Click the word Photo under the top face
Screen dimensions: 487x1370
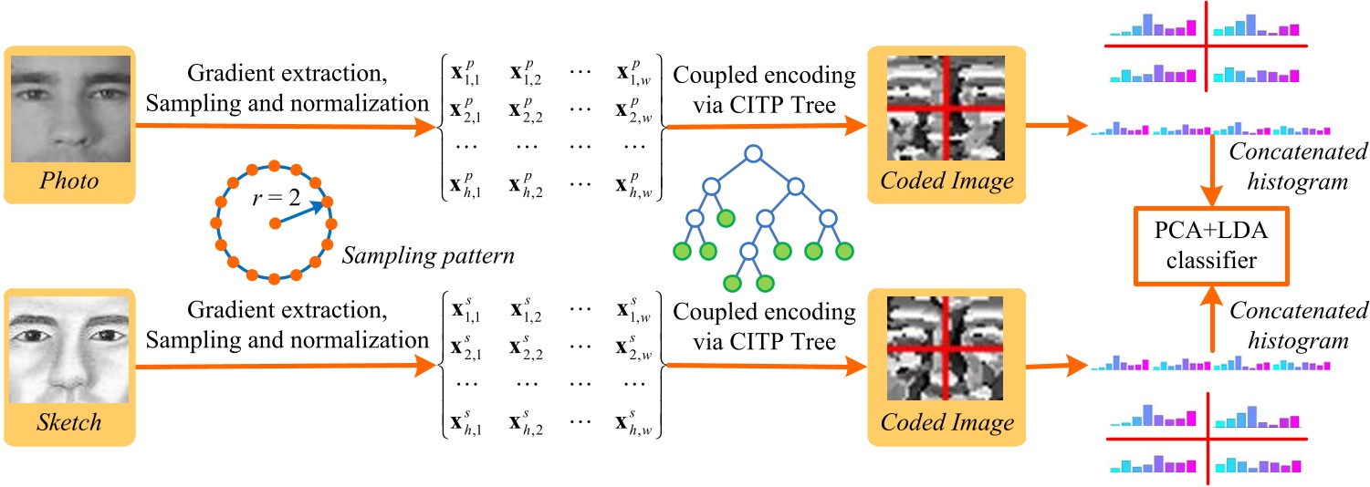coord(69,182)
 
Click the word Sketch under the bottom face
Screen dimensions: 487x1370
coord(69,423)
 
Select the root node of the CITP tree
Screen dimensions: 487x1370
coord(751,155)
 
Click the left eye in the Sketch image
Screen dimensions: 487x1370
coord(36,337)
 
